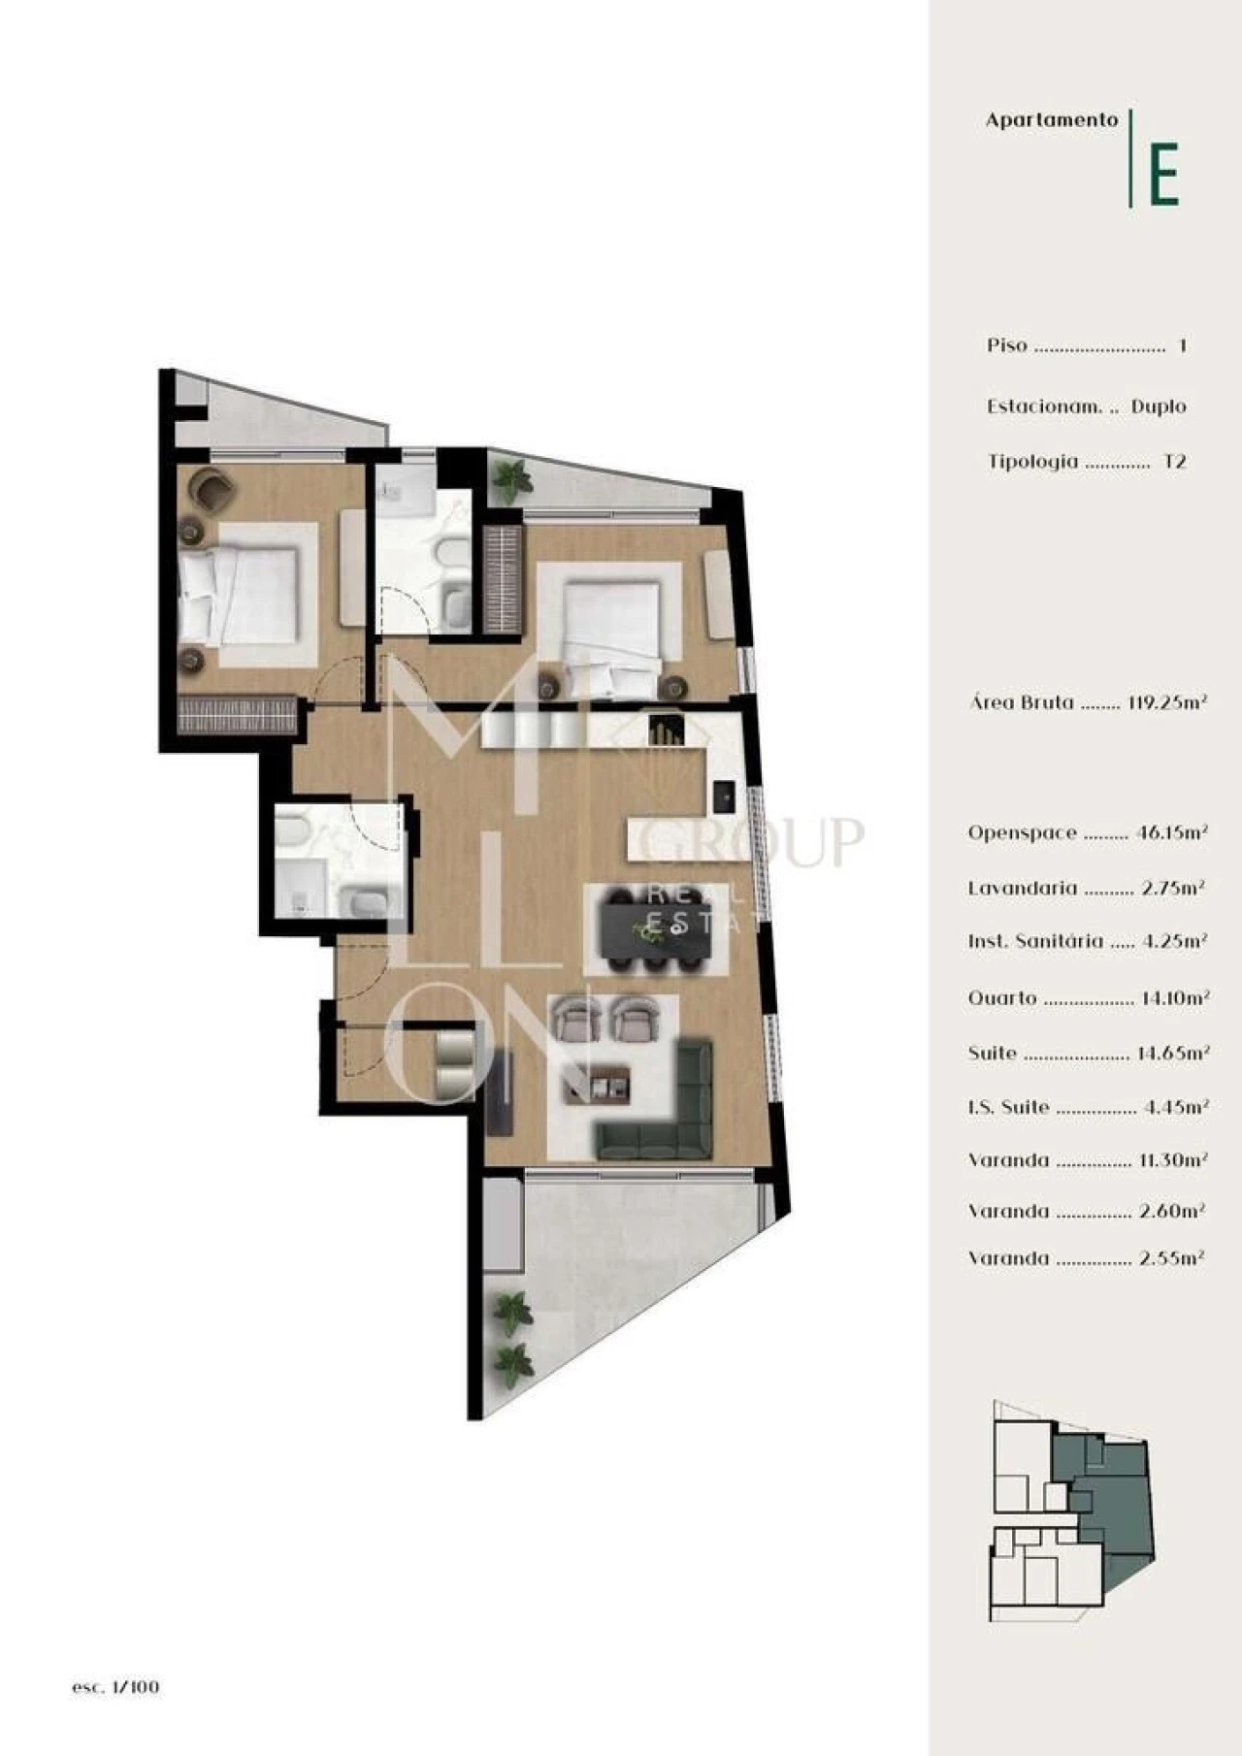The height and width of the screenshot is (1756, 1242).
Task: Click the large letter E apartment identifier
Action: (1163, 174)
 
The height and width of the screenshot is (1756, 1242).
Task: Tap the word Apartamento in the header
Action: (1052, 120)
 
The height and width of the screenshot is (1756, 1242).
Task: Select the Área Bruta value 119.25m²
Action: (1167, 702)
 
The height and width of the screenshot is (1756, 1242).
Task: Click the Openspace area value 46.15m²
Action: (1171, 832)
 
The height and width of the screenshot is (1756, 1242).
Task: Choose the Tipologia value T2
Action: (1174, 462)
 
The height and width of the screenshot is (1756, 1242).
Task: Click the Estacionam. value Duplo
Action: (1159, 406)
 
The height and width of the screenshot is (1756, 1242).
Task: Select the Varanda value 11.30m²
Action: (1172, 1160)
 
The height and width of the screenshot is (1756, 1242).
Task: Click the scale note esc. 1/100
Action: (115, 1687)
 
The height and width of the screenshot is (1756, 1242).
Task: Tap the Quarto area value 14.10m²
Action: (1173, 998)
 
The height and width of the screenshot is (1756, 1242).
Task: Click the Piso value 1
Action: (1182, 345)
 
